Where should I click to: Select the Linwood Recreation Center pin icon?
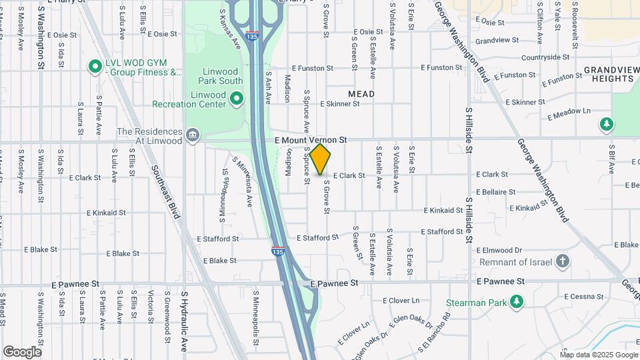[236, 99]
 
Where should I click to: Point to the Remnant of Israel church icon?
[563, 261]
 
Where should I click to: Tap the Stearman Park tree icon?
[516, 303]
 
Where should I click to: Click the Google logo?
[22, 352]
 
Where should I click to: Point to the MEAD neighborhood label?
[361, 94]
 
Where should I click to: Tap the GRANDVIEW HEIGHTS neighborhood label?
[608, 74]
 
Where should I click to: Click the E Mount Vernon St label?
[311, 141]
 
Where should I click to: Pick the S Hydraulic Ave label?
[185, 321]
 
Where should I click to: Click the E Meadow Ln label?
[569, 114]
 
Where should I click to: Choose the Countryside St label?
[545, 57]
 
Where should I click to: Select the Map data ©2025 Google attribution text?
[599, 354]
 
